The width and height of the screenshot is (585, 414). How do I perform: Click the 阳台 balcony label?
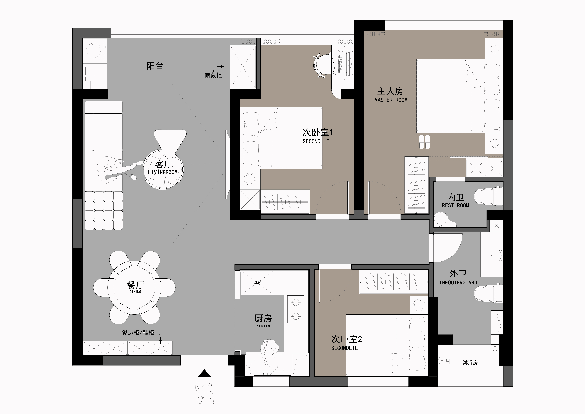(x=155, y=66)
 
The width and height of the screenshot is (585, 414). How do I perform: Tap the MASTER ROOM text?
(x=391, y=100)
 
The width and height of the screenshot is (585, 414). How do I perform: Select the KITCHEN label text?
(x=263, y=326)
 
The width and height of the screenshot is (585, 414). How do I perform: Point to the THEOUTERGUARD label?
(x=458, y=283)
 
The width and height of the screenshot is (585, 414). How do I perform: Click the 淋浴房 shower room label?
(x=470, y=362)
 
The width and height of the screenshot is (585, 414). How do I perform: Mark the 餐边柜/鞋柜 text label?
(x=138, y=333)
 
